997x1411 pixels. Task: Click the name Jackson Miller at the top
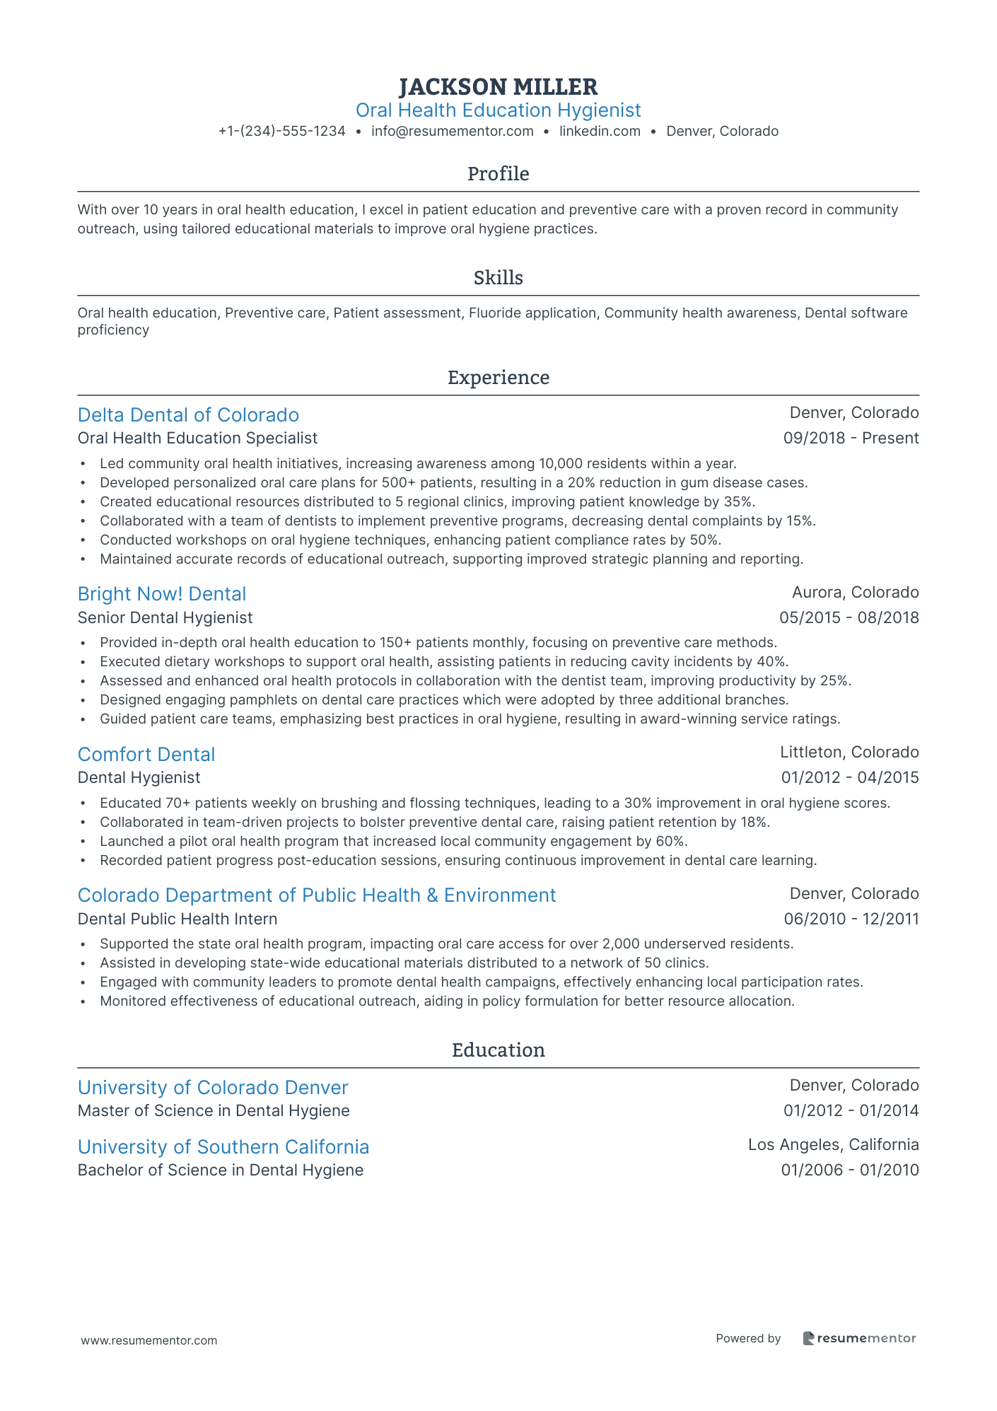498,87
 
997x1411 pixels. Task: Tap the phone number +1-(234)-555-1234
281,131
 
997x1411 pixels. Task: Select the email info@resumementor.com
452,131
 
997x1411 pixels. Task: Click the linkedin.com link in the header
600,131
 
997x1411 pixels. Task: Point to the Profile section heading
498,174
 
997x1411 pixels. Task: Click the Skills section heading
498,278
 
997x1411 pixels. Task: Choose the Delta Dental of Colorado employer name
188,415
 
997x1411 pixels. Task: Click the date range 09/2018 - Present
851,439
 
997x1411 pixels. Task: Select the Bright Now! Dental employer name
162,594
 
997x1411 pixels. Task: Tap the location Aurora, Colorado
855,592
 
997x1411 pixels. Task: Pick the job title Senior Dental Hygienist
165,618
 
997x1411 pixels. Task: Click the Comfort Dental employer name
146,755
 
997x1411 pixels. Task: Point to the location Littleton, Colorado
849,753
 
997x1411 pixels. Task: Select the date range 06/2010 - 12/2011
851,919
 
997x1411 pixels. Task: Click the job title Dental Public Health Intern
177,919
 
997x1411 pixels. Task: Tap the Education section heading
498,1050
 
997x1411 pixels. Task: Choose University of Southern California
223,1147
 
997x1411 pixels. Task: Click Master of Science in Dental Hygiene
214,1111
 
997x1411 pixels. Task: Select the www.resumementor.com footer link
149,1340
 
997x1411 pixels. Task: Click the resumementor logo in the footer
859,1338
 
